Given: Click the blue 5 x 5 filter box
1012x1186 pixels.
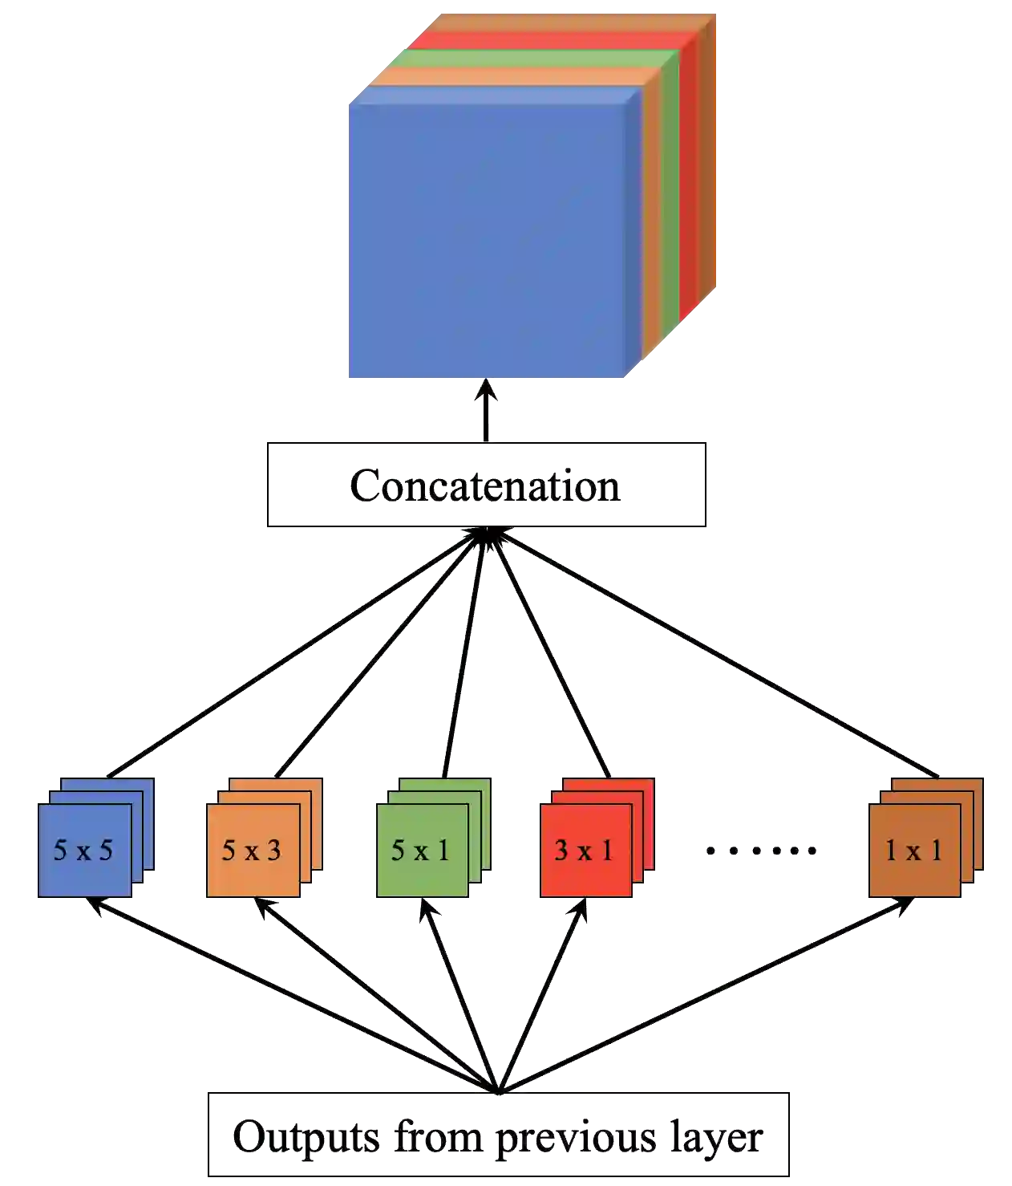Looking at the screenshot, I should pos(83,850).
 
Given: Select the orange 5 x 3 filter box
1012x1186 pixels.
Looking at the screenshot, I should pos(252,850).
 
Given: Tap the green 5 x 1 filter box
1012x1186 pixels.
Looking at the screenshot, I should pos(419,850).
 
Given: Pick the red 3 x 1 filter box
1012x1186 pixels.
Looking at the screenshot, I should pos(585,850).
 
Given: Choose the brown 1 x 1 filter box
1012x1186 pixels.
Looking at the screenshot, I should pos(913,850).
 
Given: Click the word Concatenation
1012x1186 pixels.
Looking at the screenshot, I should pos(486,485).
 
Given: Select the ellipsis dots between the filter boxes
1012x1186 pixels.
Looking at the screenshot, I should pos(762,851).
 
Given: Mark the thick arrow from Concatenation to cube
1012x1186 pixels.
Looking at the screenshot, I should pos(487,411).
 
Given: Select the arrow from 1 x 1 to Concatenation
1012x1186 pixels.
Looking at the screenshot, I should pos(714,654).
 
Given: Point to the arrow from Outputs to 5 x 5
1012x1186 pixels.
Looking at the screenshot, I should pos(289,995).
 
